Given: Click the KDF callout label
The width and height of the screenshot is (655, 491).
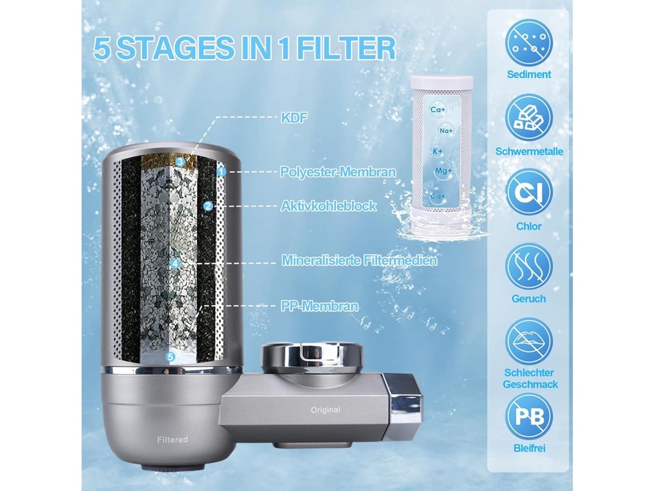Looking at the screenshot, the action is pyautogui.click(x=294, y=118).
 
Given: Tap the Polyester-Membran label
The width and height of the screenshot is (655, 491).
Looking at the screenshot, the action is pyautogui.click(x=337, y=172).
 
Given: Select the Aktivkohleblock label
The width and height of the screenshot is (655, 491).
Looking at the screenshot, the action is pyautogui.click(x=328, y=206).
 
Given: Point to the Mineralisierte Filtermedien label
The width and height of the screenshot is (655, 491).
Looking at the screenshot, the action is pyautogui.click(x=359, y=260).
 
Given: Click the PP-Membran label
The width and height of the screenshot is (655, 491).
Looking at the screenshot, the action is pyautogui.click(x=319, y=306).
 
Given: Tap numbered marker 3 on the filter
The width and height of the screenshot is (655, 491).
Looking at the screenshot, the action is pyautogui.click(x=180, y=161).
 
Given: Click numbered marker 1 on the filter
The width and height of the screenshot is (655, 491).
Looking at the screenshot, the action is pyautogui.click(x=221, y=171).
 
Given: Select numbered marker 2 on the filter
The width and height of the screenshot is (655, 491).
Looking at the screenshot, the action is pyautogui.click(x=208, y=206).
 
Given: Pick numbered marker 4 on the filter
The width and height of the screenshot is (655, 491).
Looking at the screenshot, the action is pyautogui.click(x=175, y=264).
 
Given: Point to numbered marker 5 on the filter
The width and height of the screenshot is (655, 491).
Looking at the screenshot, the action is pyautogui.click(x=170, y=357).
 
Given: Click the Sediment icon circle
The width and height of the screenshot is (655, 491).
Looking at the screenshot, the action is pyautogui.click(x=529, y=42).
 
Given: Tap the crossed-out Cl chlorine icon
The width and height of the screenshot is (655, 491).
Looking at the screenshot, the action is pyautogui.click(x=529, y=192).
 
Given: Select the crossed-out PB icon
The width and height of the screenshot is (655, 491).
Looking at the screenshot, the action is pyautogui.click(x=529, y=416).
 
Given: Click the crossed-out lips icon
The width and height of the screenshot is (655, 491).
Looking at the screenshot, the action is pyautogui.click(x=529, y=342).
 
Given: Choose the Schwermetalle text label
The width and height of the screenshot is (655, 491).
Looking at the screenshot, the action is pyautogui.click(x=529, y=151).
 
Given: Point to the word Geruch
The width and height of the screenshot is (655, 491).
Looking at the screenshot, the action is pyautogui.click(x=529, y=299).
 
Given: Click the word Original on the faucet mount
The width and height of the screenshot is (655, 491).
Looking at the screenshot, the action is pyautogui.click(x=325, y=410).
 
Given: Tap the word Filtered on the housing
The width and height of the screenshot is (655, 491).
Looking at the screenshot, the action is pyautogui.click(x=172, y=440).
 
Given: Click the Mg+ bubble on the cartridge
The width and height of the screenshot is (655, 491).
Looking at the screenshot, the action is pyautogui.click(x=443, y=171).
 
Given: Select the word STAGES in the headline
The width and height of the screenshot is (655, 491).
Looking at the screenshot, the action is pyautogui.click(x=175, y=48).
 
